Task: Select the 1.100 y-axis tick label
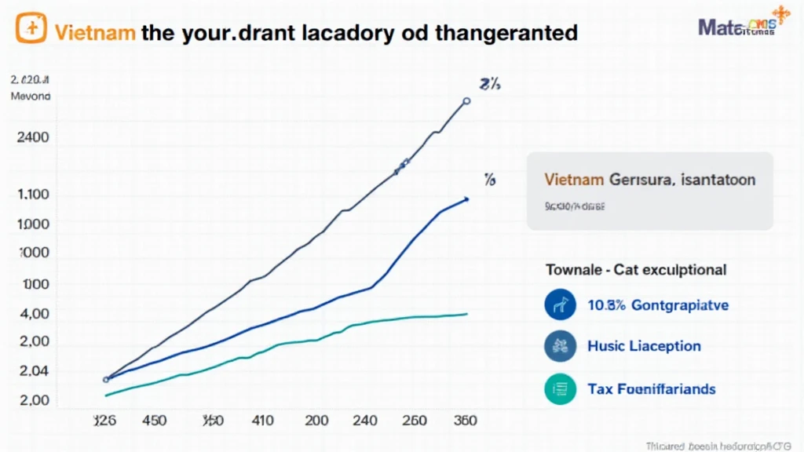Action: (x=31, y=195)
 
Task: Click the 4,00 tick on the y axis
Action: (x=31, y=314)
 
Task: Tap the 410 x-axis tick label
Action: (x=262, y=421)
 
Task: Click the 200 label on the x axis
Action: (x=316, y=421)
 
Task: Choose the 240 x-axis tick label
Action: (x=366, y=421)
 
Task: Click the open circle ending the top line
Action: (x=466, y=101)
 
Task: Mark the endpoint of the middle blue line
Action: (x=466, y=199)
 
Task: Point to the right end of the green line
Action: (x=466, y=314)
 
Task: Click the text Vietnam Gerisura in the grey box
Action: (x=608, y=180)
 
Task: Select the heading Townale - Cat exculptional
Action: (x=636, y=270)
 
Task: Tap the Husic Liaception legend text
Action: (x=644, y=346)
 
